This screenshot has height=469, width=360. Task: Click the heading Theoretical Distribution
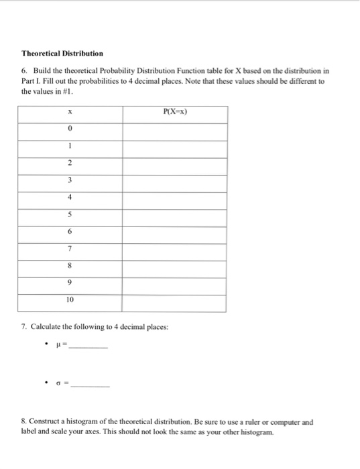tap(62, 53)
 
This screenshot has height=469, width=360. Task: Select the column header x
tap(70, 112)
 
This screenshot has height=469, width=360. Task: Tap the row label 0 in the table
tap(70, 129)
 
